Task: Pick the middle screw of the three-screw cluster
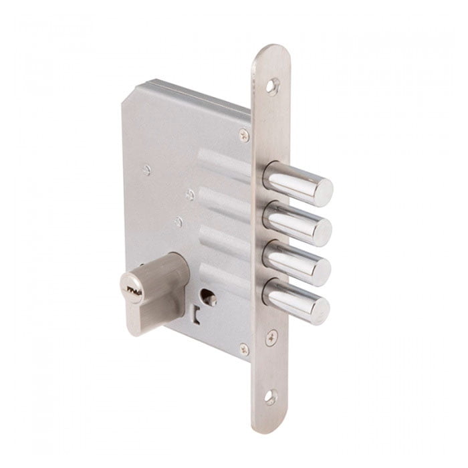[191, 195]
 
